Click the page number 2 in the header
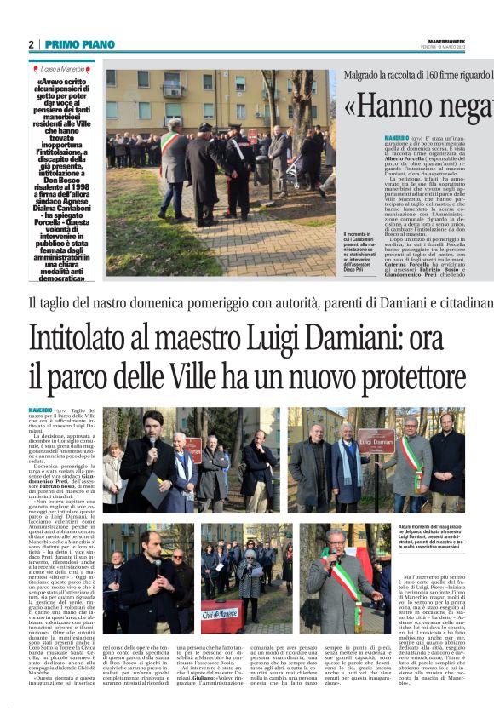point(32,44)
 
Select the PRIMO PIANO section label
point(79,44)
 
